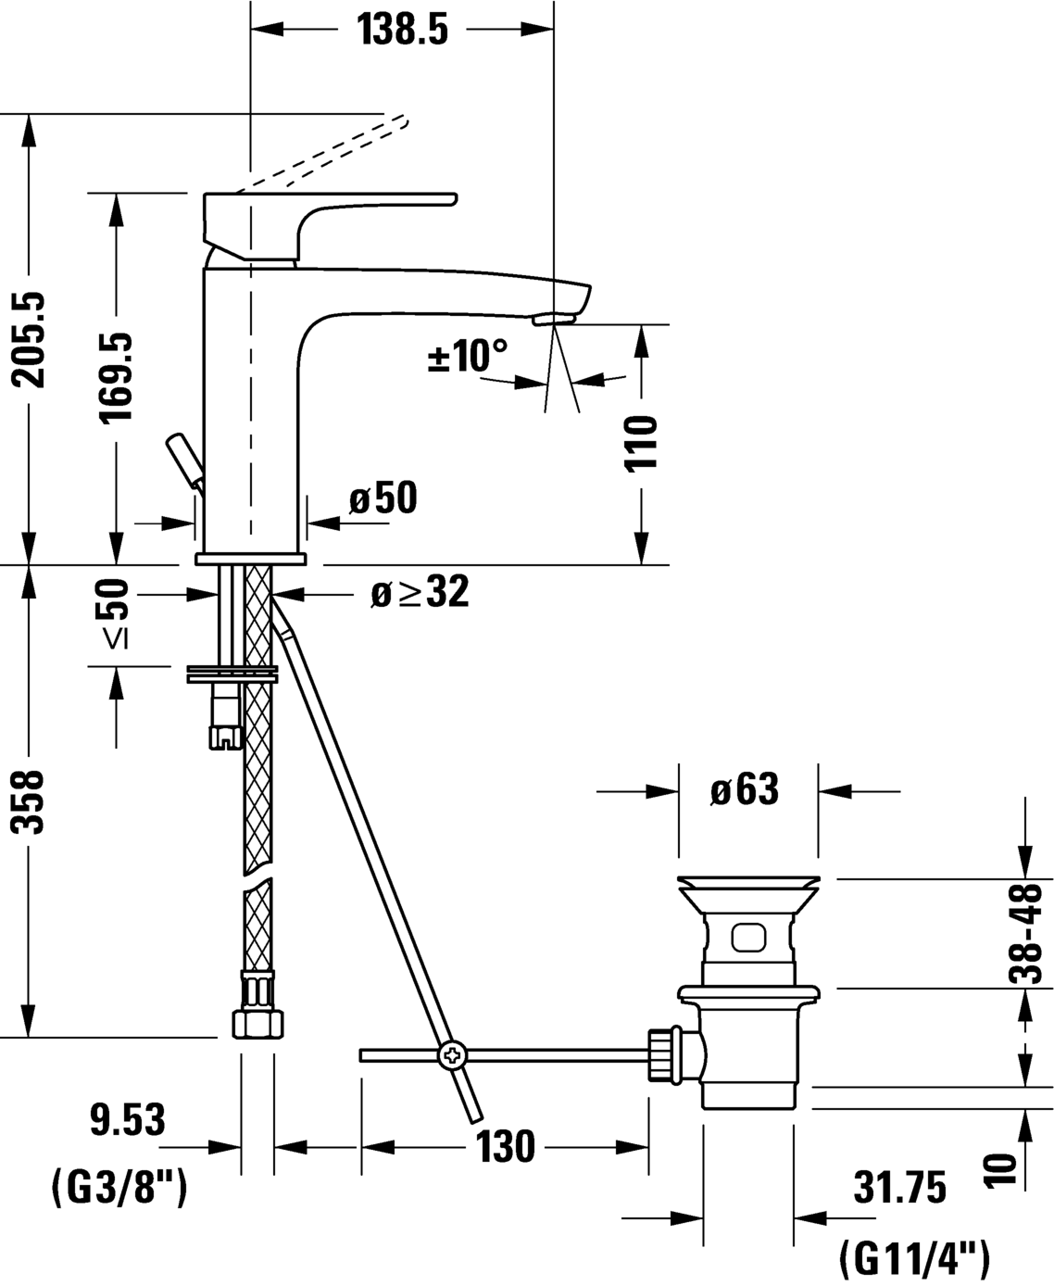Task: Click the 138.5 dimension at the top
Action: [x=402, y=31]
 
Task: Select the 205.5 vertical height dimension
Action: [x=30, y=339]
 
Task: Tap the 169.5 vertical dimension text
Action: [x=117, y=377]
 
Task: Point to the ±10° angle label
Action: [x=468, y=356]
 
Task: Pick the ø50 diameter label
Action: [x=383, y=499]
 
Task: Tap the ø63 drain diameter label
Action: [x=745, y=790]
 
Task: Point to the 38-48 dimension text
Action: [x=1025, y=932]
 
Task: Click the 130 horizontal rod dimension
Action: [x=506, y=1147]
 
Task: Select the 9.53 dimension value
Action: [x=127, y=1120]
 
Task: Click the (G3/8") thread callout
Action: [x=118, y=1187]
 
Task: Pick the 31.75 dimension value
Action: [x=899, y=1188]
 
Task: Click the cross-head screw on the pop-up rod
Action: [x=453, y=1054]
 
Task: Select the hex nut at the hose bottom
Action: [x=257, y=1022]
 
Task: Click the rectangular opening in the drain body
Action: [x=748, y=938]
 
